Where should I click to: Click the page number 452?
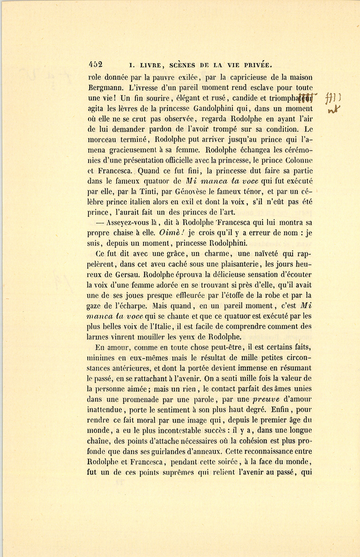point(96,64)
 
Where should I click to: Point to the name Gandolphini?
point(211,108)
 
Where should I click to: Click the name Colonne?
point(298,161)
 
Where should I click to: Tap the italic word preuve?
point(268,399)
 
